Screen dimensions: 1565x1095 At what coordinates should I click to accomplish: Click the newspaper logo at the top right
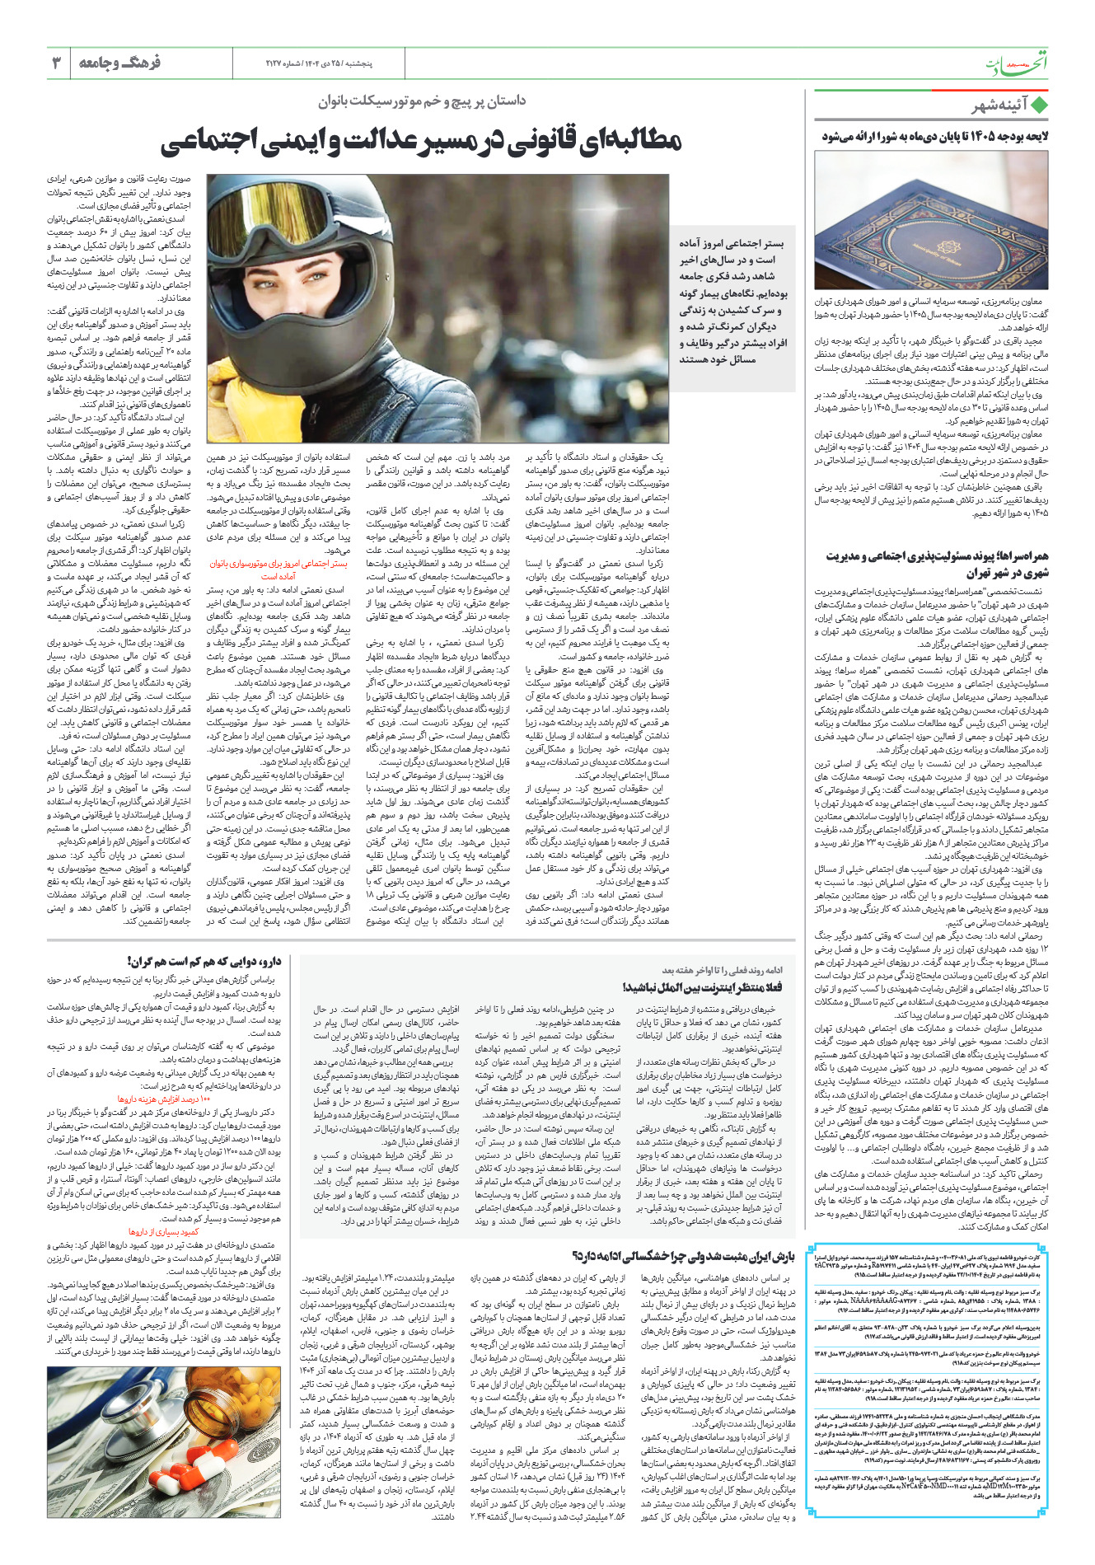pyautogui.click(x=1018, y=63)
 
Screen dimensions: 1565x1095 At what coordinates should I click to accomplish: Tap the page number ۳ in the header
pyautogui.click(x=57, y=63)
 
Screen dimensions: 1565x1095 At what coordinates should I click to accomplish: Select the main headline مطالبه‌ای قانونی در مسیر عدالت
pyautogui.click(x=421, y=141)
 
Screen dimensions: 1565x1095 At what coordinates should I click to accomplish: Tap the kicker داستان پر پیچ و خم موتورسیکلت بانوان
pyautogui.click(x=422, y=101)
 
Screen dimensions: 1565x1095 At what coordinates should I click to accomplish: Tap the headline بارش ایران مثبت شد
pyautogui.click(x=684, y=1257)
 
